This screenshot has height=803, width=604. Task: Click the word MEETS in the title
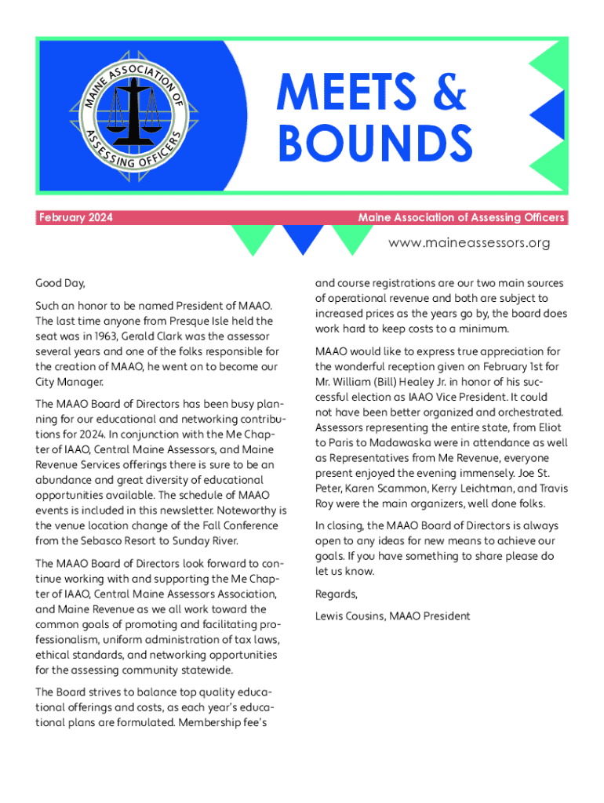[x=346, y=93]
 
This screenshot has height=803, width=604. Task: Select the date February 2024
[x=75, y=217]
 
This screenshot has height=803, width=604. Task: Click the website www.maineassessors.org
[x=469, y=243]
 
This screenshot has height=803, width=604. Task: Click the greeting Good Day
[x=60, y=283]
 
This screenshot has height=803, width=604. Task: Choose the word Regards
[x=336, y=594]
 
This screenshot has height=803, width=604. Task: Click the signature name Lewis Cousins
[x=349, y=616]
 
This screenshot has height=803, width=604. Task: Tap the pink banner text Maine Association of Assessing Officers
[x=460, y=217]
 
